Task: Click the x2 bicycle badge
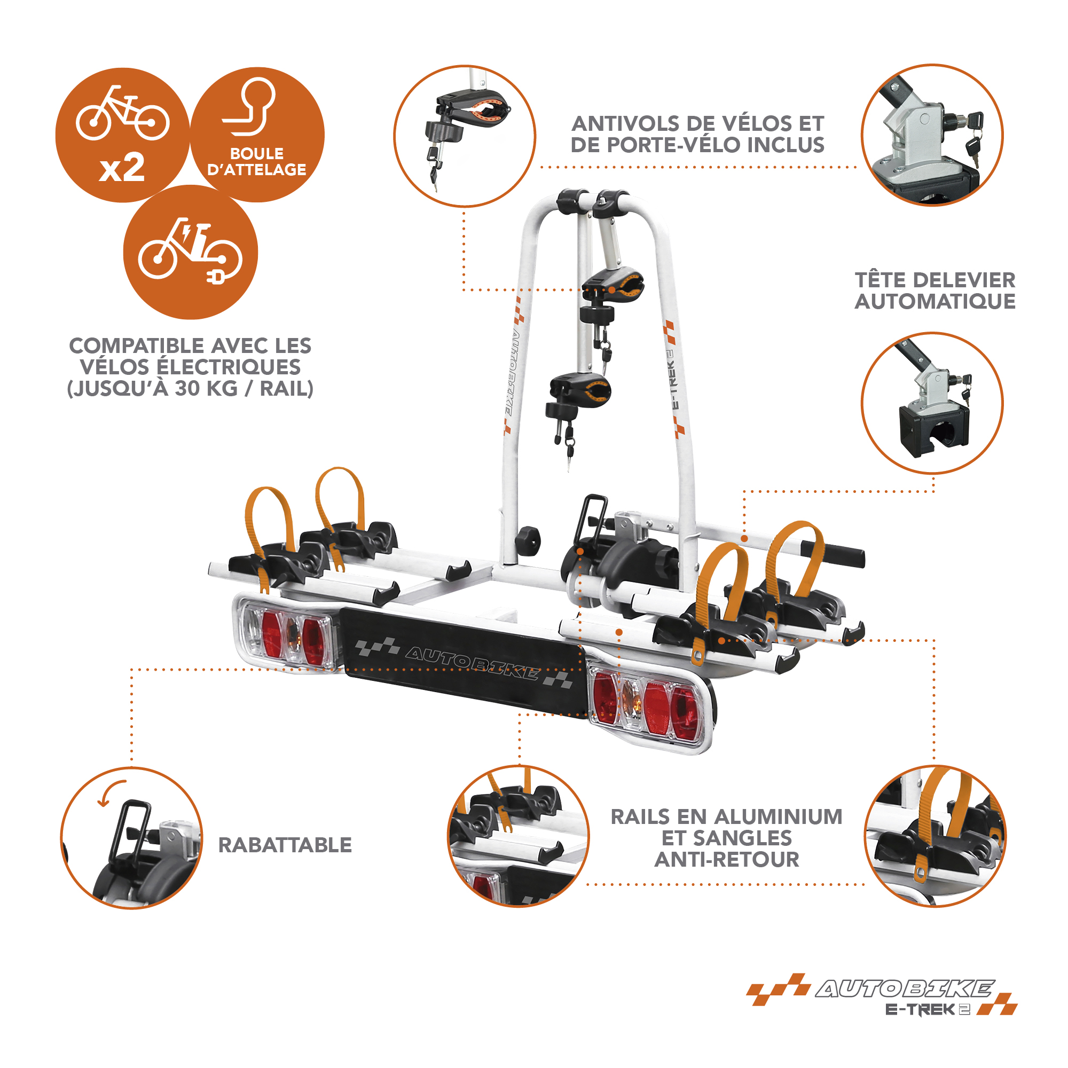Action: [x=122, y=135]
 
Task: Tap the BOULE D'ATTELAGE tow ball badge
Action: [x=257, y=135]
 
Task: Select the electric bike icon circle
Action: [x=191, y=252]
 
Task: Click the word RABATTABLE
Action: [x=285, y=845]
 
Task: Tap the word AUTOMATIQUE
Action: [x=935, y=301]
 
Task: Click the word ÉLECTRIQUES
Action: [x=191, y=367]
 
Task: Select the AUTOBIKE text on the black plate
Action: [x=472, y=663]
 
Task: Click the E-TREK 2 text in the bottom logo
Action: [x=928, y=1009]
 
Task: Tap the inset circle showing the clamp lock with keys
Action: [x=465, y=136]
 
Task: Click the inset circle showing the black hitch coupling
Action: [x=932, y=403]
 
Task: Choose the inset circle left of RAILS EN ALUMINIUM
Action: [x=518, y=836]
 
